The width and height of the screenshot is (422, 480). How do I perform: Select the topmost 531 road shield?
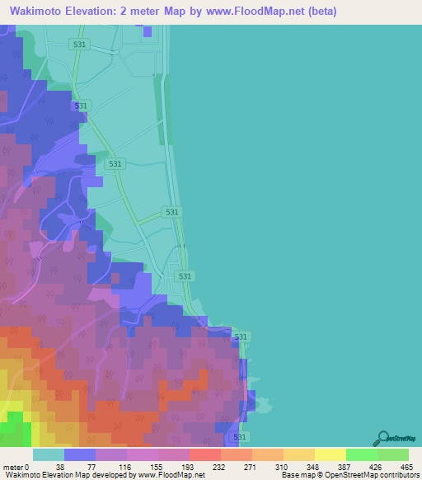pyautogui.click(x=79, y=45)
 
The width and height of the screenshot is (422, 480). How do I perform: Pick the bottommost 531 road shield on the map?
pyautogui.click(x=239, y=436)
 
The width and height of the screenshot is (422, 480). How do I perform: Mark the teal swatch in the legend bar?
pyautogui.click(x=49, y=454)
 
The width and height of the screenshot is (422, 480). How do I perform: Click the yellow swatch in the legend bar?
pyautogui.click(x=331, y=454)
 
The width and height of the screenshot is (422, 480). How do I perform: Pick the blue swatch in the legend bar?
pyautogui.click(x=80, y=454)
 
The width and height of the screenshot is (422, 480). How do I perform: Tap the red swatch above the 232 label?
pyautogui.click(x=205, y=454)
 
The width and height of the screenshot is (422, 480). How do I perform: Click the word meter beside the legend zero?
pyautogui.click(x=14, y=466)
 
